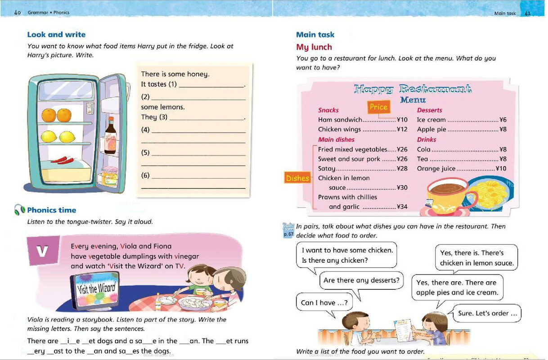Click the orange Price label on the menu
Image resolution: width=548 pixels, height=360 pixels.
coord(378,107)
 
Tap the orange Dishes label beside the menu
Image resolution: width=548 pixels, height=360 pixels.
coord(297,178)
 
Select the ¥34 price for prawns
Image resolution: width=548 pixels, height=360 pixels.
coord(402,207)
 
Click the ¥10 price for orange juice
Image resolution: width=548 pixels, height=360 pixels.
coord(501,168)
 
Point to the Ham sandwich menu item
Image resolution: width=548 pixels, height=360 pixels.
coord(340,120)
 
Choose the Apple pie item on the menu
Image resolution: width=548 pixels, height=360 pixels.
coord(431,130)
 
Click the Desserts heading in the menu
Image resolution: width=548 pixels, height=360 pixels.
coord(429,110)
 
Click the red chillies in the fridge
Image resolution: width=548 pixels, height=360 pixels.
coord(63,160)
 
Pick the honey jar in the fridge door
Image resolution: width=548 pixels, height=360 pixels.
coord(109,176)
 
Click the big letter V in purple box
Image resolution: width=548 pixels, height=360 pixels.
coord(42,251)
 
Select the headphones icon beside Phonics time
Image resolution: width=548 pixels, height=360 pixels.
coord(19,210)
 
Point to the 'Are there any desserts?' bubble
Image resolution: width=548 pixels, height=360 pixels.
coord(361,280)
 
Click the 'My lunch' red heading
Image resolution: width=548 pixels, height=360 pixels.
coord(314,47)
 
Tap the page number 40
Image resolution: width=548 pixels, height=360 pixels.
coord(18,13)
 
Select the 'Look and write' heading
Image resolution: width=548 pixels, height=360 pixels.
coord(56,35)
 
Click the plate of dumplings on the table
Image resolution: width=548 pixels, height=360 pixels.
coord(195,302)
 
